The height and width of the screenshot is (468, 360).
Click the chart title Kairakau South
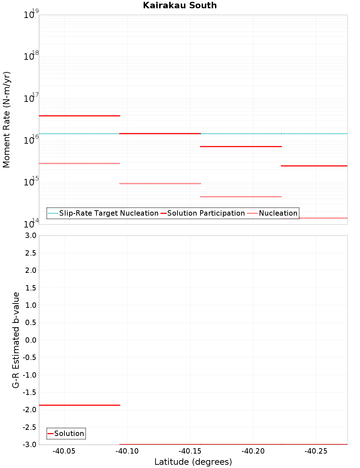click(180, 5)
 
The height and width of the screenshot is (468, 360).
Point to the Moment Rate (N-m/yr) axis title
click(6, 120)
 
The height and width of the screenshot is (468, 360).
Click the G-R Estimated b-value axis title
click(16, 340)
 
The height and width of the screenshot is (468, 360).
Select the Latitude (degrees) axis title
click(193, 462)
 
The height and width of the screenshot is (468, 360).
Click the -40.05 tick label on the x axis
click(64, 451)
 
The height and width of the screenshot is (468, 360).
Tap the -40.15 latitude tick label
click(190, 451)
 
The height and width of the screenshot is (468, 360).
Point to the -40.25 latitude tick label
click(316, 451)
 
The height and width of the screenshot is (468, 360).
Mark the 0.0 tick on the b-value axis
click(31, 340)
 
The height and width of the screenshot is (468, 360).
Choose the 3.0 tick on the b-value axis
click(31, 235)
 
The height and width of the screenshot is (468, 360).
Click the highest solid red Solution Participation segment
click(79, 116)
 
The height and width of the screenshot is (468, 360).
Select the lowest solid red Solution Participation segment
click(314, 166)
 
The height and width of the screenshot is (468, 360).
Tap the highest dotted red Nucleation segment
click(79, 163)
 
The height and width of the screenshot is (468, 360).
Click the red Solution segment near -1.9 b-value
click(79, 405)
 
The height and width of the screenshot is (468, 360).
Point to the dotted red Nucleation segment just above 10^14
click(314, 218)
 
